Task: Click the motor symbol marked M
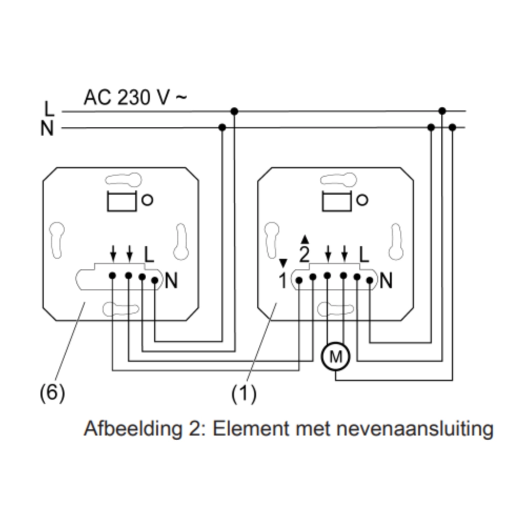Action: pos(336,358)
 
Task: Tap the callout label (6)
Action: pos(52,392)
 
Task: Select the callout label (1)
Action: pos(244,392)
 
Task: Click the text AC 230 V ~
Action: pos(135,97)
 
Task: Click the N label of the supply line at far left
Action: pos(48,128)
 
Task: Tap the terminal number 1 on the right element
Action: pos(282,281)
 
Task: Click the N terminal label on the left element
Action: pos(171,281)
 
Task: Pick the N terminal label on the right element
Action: pos(386,281)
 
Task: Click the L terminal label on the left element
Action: pos(149,256)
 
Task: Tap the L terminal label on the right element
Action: pos(364,256)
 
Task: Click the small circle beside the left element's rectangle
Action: pos(148,200)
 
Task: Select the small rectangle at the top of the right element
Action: pos(337,201)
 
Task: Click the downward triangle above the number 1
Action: pos(283,262)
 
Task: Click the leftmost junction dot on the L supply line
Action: pos(235,112)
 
